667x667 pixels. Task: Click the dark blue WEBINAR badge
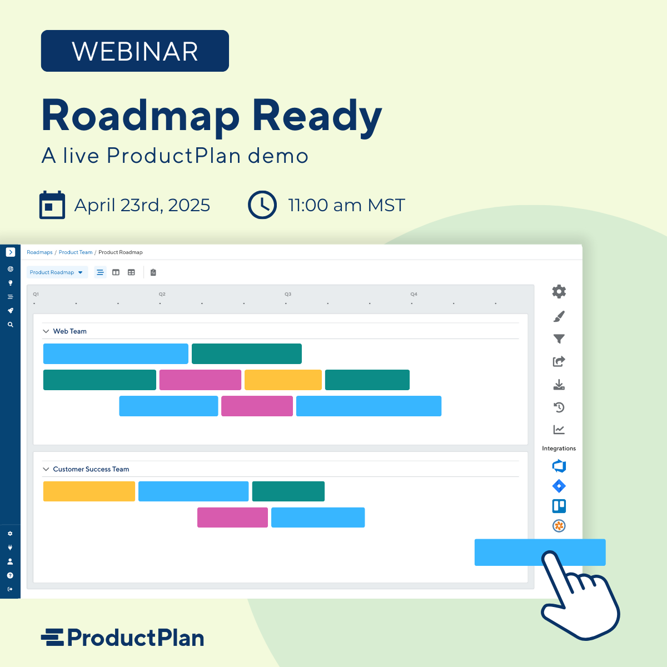[135, 51]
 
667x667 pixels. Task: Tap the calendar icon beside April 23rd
[52, 205]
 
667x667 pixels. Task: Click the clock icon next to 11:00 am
[262, 205]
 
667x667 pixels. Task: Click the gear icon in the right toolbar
[559, 291]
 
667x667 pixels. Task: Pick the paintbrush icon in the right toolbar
[559, 316]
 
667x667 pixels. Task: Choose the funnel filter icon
[559, 339]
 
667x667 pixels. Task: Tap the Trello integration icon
[559, 506]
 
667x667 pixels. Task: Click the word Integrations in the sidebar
[559, 449]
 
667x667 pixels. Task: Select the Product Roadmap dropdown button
[57, 272]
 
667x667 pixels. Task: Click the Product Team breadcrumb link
[76, 252]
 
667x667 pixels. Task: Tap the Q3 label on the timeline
[288, 294]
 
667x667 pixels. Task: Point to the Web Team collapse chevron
[46, 331]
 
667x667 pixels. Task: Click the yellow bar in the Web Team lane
[283, 380]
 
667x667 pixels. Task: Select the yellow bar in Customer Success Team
[89, 491]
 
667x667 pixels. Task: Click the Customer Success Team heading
[91, 469]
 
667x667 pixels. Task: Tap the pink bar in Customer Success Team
[232, 517]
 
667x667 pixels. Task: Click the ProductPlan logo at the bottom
[122, 638]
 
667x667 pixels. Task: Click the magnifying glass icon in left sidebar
[10, 325]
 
